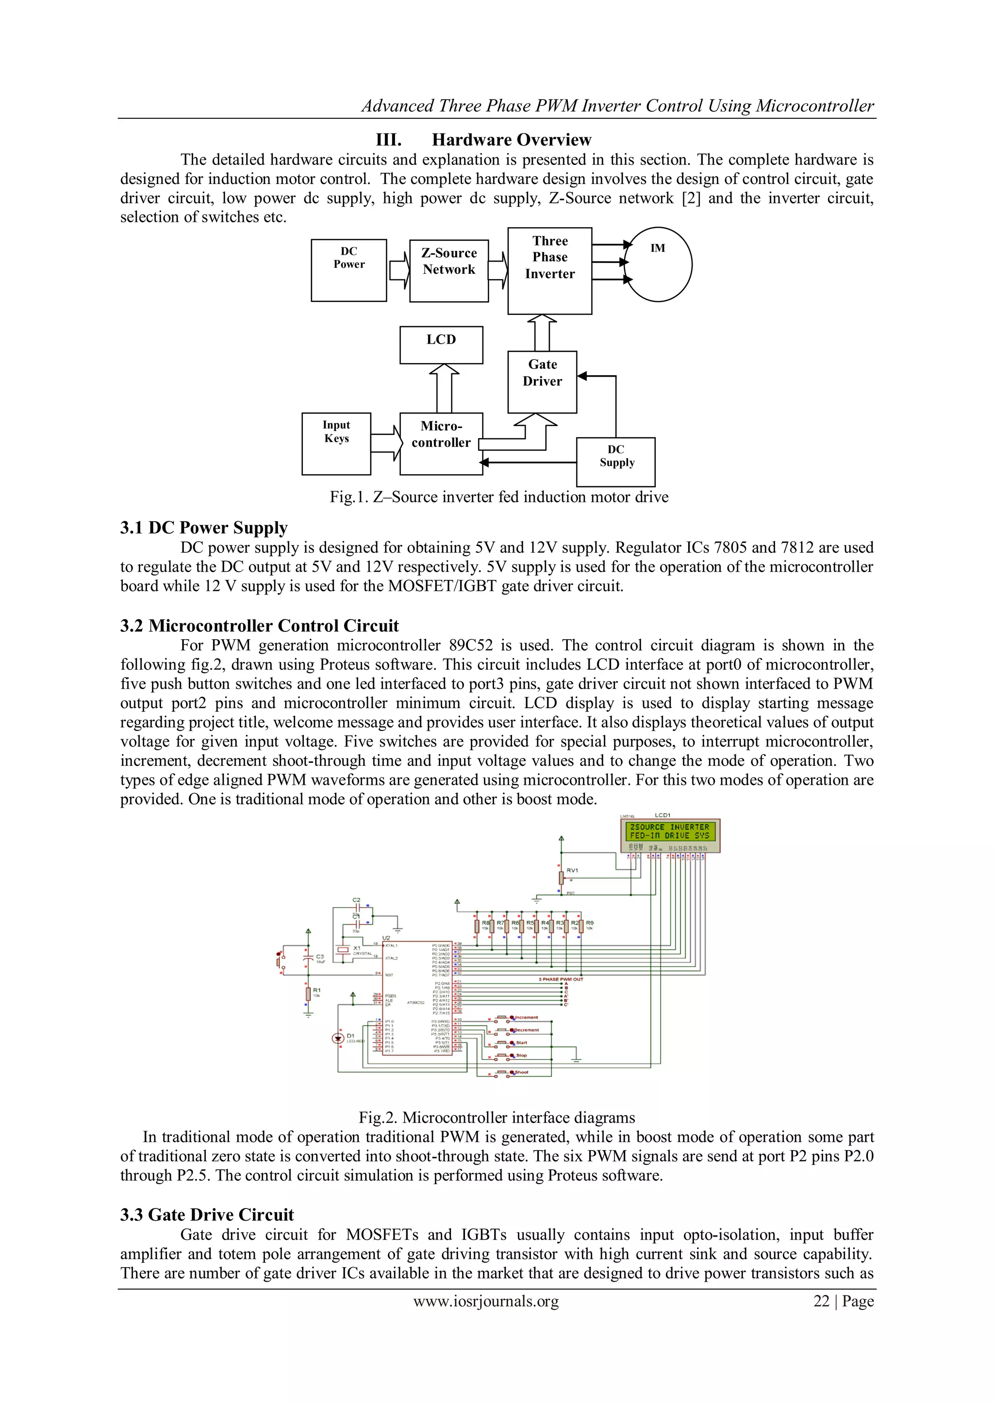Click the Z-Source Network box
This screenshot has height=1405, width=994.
pos(448,270)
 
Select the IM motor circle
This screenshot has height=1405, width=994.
pos(658,264)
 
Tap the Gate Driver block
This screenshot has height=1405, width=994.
pos(542,381)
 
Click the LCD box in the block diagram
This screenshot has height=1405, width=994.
pos(441,345)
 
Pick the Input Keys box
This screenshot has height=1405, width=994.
pos(336,443)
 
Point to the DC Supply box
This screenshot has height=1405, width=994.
pos(616,462)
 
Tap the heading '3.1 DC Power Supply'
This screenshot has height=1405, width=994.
pos(203,528)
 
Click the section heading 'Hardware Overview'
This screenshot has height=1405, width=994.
pos(511,140)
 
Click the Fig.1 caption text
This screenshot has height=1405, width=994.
pos(499,497)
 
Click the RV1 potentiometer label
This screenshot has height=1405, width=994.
pos(572,870)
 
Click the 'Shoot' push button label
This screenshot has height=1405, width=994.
pos(521,1072)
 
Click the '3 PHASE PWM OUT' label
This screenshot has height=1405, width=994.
pos(561,979)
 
